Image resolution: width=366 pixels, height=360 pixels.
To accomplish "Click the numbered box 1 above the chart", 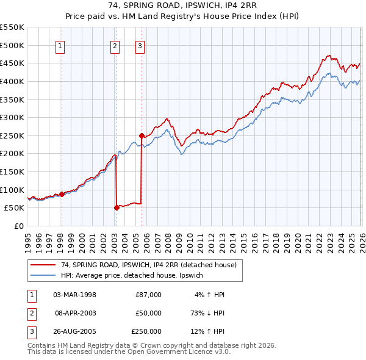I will pyautogui.click(x=61, y=45).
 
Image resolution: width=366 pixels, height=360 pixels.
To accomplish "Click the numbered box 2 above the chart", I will pyautogui.click(x=115, y=45).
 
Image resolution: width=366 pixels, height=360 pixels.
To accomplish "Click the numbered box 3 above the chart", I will pyautogui.click(x=140, y=45).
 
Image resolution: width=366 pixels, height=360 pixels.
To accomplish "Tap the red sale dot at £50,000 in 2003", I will pyautogui.click(x=117, y=207).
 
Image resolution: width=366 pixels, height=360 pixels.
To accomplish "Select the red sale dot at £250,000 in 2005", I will pyautogui.click(x=142, y=135).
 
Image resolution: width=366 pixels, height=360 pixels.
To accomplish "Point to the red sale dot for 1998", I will pyautogui.click(x=62, y=194).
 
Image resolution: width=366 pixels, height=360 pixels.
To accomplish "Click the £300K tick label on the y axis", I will pyautogui.click(x=12, y=117).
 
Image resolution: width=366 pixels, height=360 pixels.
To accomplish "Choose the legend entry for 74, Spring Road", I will pyautogui.click(x=152, y=265).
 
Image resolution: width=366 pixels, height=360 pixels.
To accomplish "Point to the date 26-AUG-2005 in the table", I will pyautogui.click(x=75, y=332).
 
